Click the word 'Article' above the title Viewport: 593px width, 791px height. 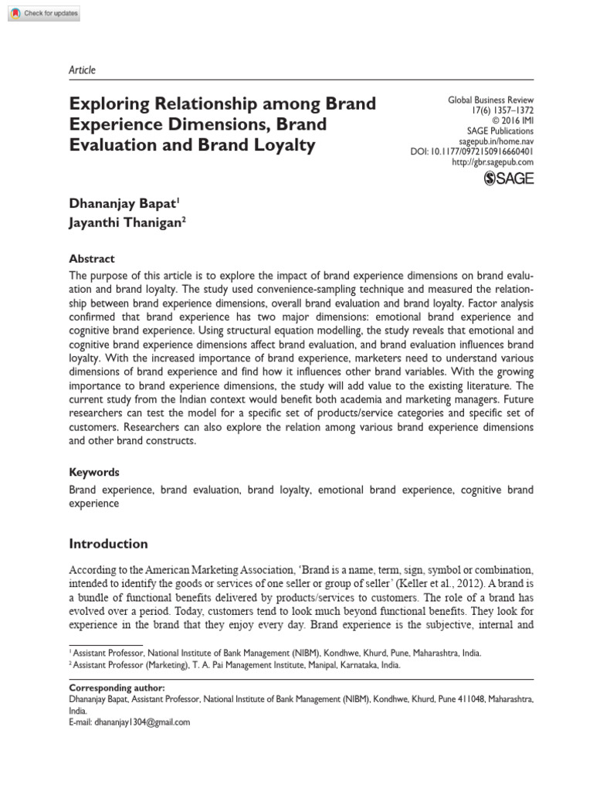pyautogui.click(x=82, y=70)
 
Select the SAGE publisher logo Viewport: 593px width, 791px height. pyautogui.click(x=508, y=179)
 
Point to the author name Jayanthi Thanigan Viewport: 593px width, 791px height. pyautogui.click(x=126, y=201)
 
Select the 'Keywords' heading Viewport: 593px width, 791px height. pyautogui.click(x=94, y=472)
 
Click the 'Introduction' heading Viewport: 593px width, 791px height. pyautogui.click(x=108, y=544)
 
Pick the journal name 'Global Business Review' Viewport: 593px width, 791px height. pyautogui.click(x=491, y=100)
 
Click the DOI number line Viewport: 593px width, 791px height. pyautogui.click(x=472, y=151)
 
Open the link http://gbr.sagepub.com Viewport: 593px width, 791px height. pyautogui.click(x=491, y=161)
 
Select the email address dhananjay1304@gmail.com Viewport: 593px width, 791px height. pyautogui.click(x=141, y=722)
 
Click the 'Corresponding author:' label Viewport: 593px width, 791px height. pyautogui.click(x=116, y=687)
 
